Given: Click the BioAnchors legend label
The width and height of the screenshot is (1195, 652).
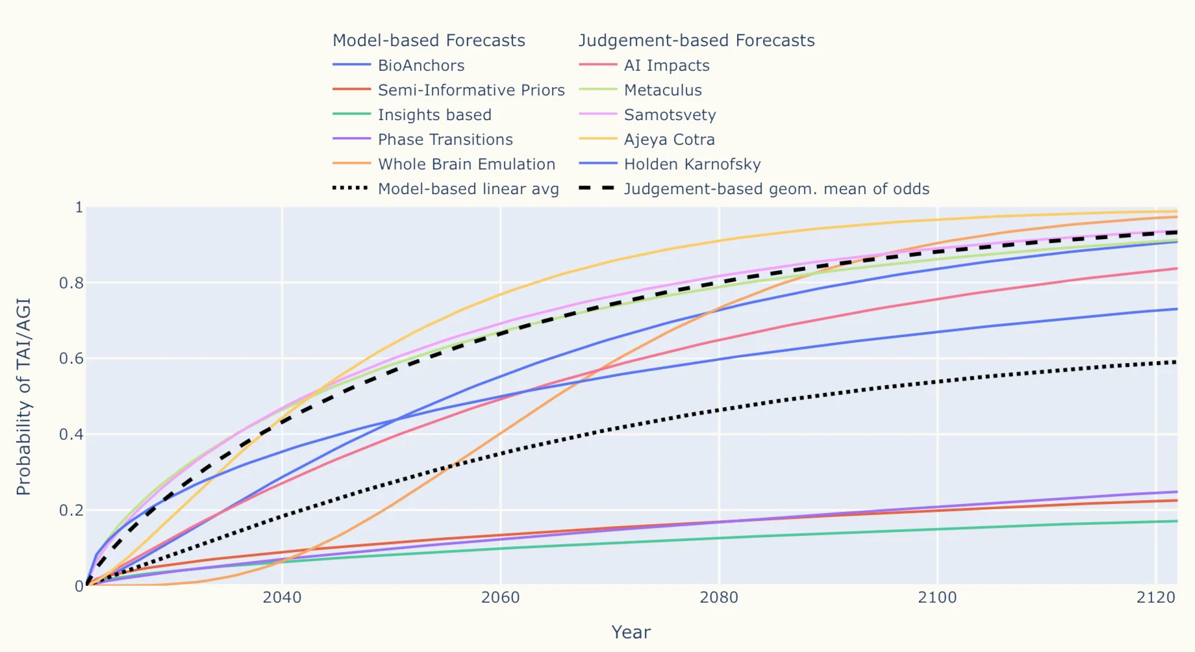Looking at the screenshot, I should click(x=421, y=66).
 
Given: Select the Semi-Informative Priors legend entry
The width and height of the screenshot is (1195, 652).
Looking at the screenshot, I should click(x=471, y=90).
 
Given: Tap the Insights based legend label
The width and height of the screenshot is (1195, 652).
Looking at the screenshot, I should click(x=434, y=115).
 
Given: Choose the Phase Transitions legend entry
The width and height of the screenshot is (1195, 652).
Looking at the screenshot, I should click(x=445, y=140).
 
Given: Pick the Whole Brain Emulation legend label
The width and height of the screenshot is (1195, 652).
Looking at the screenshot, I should click(x=466, y=164).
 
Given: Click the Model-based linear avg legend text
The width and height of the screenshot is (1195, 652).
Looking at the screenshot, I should click(x=468, y=189).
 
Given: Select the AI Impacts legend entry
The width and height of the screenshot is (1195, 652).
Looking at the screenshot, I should click(x=666, y=66).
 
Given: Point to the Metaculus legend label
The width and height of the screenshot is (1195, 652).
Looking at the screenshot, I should click(x=662, y=90).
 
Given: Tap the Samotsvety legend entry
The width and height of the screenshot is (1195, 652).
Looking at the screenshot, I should click(x=670, y=115).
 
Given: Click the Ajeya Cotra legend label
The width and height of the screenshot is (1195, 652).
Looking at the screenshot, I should click(x=669, y=140).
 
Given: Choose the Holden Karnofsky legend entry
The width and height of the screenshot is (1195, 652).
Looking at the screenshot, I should click(x=692, y=164).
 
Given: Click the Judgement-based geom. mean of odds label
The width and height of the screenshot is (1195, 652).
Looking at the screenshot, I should click(x=776, y=189).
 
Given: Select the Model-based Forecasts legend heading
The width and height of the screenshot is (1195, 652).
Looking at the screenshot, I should click(x=429, y=40).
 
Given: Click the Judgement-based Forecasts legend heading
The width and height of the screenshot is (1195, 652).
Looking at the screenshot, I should click(x=696, y=40).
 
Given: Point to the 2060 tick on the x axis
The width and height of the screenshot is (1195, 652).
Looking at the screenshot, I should click(x=500, y=597).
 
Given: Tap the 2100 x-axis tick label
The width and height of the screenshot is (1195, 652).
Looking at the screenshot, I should click(x=937, y=597).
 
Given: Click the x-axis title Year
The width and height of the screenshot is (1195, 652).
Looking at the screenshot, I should click(x=631, y=633).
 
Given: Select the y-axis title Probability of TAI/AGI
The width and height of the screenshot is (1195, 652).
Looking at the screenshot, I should click(x=23, y=396).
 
